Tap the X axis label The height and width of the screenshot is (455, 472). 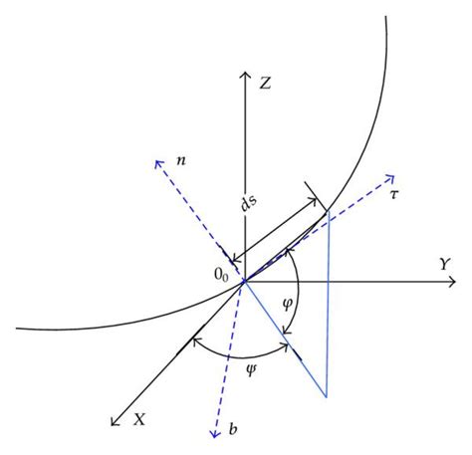pos(140,419)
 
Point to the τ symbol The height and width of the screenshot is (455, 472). pos(395,195)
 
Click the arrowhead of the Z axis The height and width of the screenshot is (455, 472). pos(244,76)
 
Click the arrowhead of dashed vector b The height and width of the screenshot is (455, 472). pos(213,433)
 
